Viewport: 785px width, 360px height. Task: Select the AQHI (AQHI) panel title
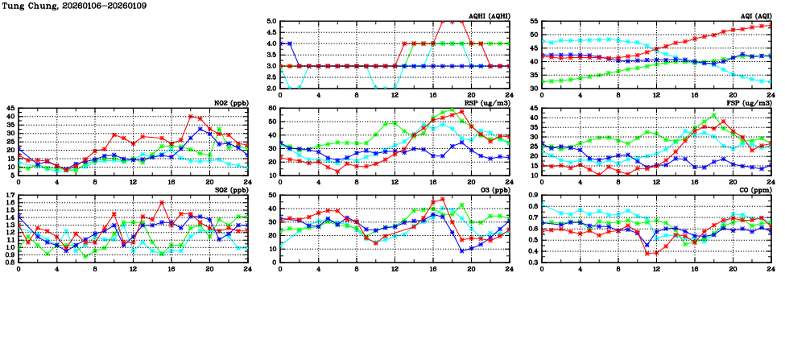click(488, 17)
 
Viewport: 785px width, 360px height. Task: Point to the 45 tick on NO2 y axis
click(9, 108)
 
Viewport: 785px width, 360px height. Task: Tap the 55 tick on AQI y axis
click(533, 22)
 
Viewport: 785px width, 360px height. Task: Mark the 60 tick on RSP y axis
click(271, 108)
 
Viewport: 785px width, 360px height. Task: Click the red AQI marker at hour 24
click(771, 25)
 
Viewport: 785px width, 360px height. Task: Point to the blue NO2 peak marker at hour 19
click(200, 129)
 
